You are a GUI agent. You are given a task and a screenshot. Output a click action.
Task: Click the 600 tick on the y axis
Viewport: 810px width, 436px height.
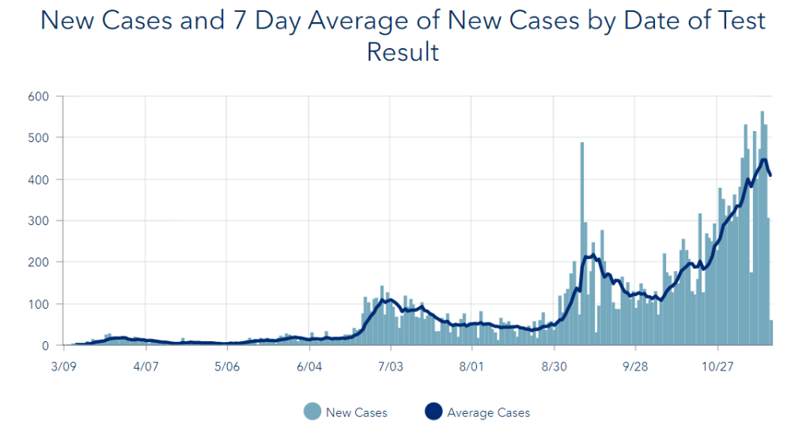click(x=40, y=96)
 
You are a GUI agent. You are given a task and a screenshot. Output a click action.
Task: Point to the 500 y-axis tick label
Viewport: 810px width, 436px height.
click(x=40, y=137)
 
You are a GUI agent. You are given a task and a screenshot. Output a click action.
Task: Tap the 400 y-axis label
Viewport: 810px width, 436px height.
click(x=40, y=179)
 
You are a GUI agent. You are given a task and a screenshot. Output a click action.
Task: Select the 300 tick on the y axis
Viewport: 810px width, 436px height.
click(x=40, y=220)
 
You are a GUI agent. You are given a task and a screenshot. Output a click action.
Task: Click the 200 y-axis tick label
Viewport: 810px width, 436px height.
click(x=40, y=262)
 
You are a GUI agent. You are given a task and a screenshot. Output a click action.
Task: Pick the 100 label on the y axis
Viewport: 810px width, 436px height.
click(x=40, y=304)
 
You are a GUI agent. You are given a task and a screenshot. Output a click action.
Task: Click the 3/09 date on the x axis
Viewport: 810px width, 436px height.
click(x=63, y=367)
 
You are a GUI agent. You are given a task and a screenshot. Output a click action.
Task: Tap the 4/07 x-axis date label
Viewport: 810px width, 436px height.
click(x=146, y=367)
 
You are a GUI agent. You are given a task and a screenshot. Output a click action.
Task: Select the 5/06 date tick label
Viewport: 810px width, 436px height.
click(x=227, y=367)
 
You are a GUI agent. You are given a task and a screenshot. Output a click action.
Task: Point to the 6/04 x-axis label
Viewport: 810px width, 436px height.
click(x=309, y=367)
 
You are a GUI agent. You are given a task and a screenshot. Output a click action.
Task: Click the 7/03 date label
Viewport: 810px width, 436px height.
click(x=391, y=367)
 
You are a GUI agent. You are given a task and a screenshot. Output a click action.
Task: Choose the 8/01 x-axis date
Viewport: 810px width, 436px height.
click(x=471, y=367)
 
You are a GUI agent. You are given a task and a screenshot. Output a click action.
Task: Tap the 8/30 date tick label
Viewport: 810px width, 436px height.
click(x=554, y=367)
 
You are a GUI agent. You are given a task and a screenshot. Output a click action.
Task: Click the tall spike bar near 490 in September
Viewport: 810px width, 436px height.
click(x=582, y=237)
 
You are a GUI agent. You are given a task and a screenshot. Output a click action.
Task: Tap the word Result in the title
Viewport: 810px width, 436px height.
click(x=403, y=53)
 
